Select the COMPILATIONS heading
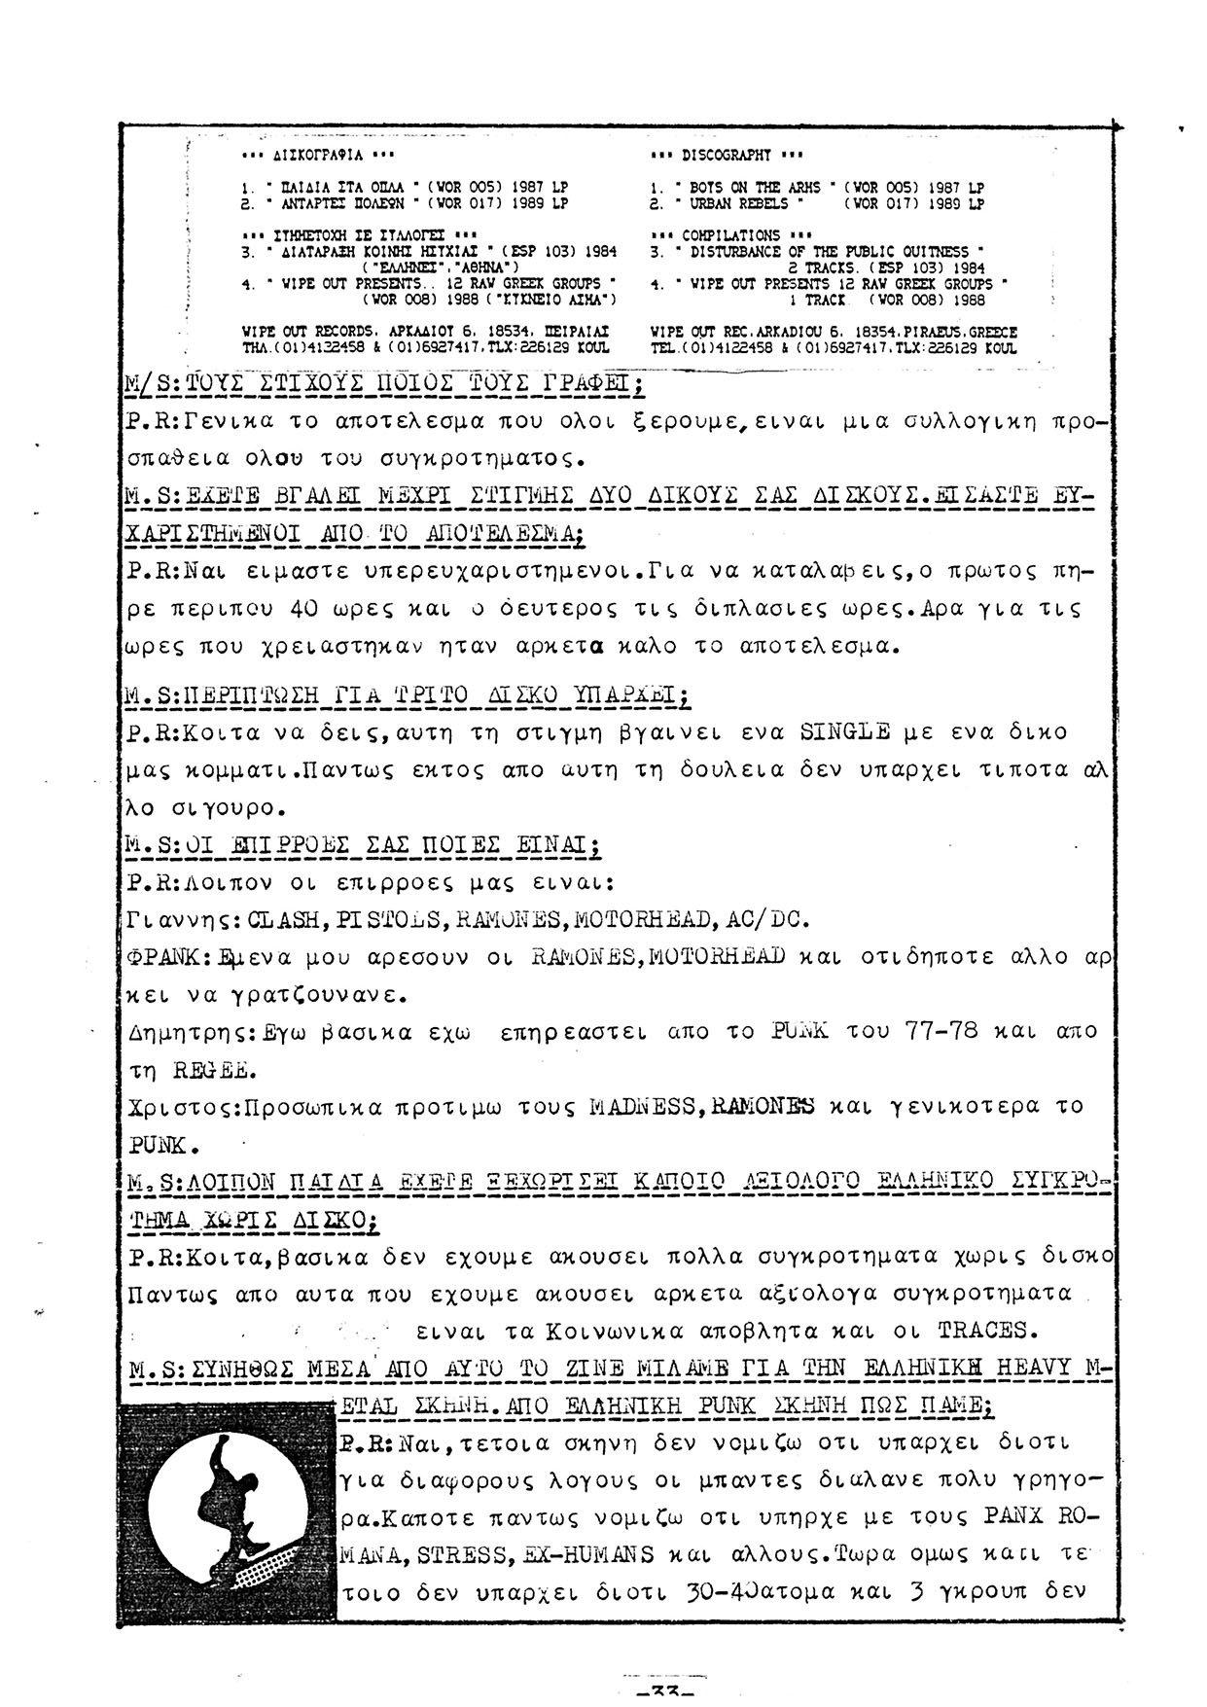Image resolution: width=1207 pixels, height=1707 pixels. click(x=730, y=235)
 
